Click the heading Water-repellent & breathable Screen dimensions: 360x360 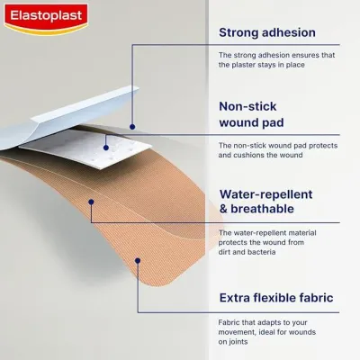[267, 201]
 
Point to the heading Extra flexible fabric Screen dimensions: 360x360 [276, 297]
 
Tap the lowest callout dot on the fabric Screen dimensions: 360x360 [138, 261]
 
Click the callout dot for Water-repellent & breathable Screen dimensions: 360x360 [91, 202]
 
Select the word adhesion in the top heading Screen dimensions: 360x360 [297, 33]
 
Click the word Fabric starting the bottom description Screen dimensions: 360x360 [232, 320]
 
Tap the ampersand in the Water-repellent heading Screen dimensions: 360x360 [224, 210]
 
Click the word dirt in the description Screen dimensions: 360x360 [229, 252]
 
